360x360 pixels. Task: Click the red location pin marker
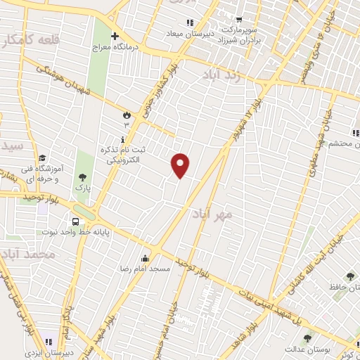pyautogui.click(x=181, y=165)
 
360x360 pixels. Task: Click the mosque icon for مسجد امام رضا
pyautogui.click(x=146, y=258)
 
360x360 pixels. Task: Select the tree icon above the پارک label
pyautogui.click(x=82, y=178)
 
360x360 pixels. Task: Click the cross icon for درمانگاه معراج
pyautogui.click(x=115, y=36)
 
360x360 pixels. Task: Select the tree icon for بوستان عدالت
pyautogui.click(x=307, y=338)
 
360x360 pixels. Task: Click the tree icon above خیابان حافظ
pyautogui.click(x=350, y=276)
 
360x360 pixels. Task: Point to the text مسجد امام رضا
pyautogui.click(x=126, y=269)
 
